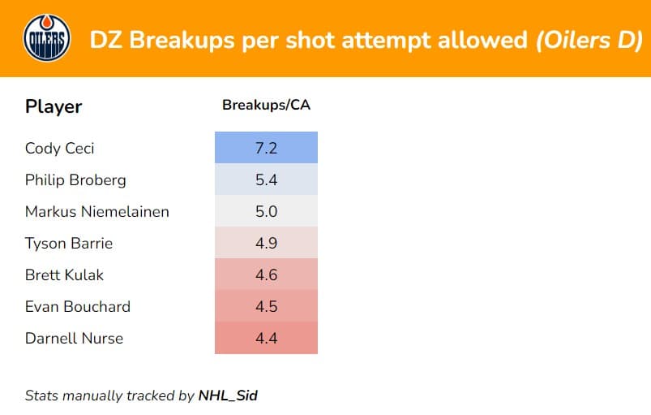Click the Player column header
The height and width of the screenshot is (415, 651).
pyautogui.click(x=54, y=106)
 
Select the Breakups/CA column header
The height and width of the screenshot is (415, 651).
pyautogui.click(x=266, y=106)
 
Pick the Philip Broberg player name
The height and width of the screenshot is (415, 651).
pyautogui.click(x=75, y=179)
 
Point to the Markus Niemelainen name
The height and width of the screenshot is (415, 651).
pyautogui.click(x=97, y=211)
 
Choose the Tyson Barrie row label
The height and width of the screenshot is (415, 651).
pyautogui.click(x=69, y=243)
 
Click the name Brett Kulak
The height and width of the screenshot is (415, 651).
pyautogui.click(x=66, y=275)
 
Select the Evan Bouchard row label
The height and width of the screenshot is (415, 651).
pyautogui.click(x=77, y=306)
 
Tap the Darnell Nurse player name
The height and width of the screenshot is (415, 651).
pyautogui.click(x=74, y=338)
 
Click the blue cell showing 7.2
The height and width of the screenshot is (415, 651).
pyautogui.click(x=266, y=148)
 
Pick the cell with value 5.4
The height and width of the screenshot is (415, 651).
pyautogui.click(x=266, y=179)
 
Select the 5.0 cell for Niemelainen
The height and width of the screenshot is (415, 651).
pyautogui.click(x=266, y=211)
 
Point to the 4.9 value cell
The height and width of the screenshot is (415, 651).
pyautogui.click(x=266, y=243)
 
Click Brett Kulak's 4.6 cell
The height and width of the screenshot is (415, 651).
pyautogui.click(x=266, y=275)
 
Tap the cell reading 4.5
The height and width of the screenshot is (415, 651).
pyautogui.click(x=266, y=306)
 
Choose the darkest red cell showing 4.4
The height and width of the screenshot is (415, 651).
pyautogui.click(x=266, y=338)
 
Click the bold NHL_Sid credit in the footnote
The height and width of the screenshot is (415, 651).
pyautogui.click(x=228, y=396)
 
